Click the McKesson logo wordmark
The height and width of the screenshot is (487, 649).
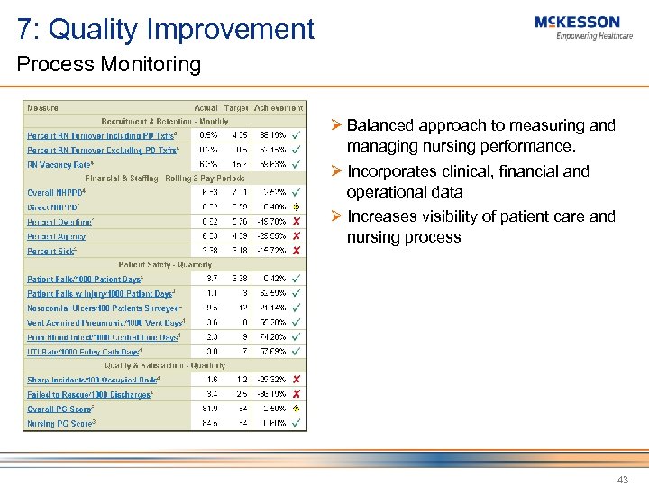point(577,22)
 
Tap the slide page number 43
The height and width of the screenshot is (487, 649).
point(622,480)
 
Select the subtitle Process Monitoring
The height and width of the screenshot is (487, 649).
point(108,65)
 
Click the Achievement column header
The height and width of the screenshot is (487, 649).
point(279,108)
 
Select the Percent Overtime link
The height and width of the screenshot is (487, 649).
point(59,222)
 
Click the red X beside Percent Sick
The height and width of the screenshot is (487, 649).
point(296,251)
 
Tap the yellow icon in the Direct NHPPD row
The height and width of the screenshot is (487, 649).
point(296,207)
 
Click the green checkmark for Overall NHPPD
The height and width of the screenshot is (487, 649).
point(296,193)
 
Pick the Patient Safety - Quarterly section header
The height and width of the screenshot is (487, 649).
point(164,265)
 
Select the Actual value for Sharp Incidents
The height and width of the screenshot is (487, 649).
point(213,380)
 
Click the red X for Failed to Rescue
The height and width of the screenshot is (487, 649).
point(296,394)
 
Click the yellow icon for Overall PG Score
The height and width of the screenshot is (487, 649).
point(296,409)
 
